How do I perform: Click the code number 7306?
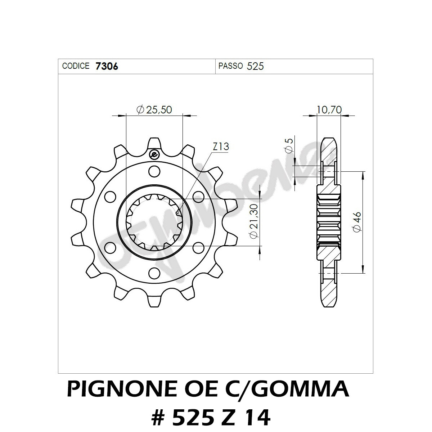(x=107, y=66)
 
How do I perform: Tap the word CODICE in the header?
(x=76, y=66)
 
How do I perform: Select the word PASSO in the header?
(x=230, y=66)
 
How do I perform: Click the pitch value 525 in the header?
(x=256, y=66)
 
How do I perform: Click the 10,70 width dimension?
(x=329, y=109)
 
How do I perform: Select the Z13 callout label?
(x=221, y=147)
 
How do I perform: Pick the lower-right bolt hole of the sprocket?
(x=198, y=248)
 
